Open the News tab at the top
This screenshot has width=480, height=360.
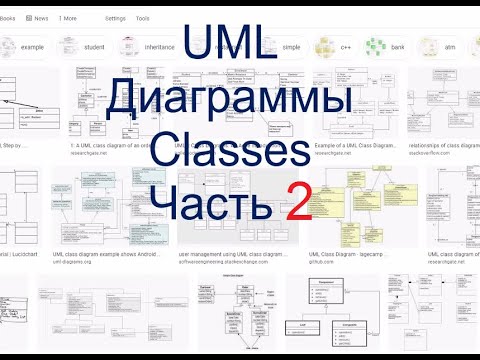coord(38,18)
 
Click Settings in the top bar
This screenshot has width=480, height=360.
coord(116,18)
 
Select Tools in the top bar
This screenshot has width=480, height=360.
coord(143,18)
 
